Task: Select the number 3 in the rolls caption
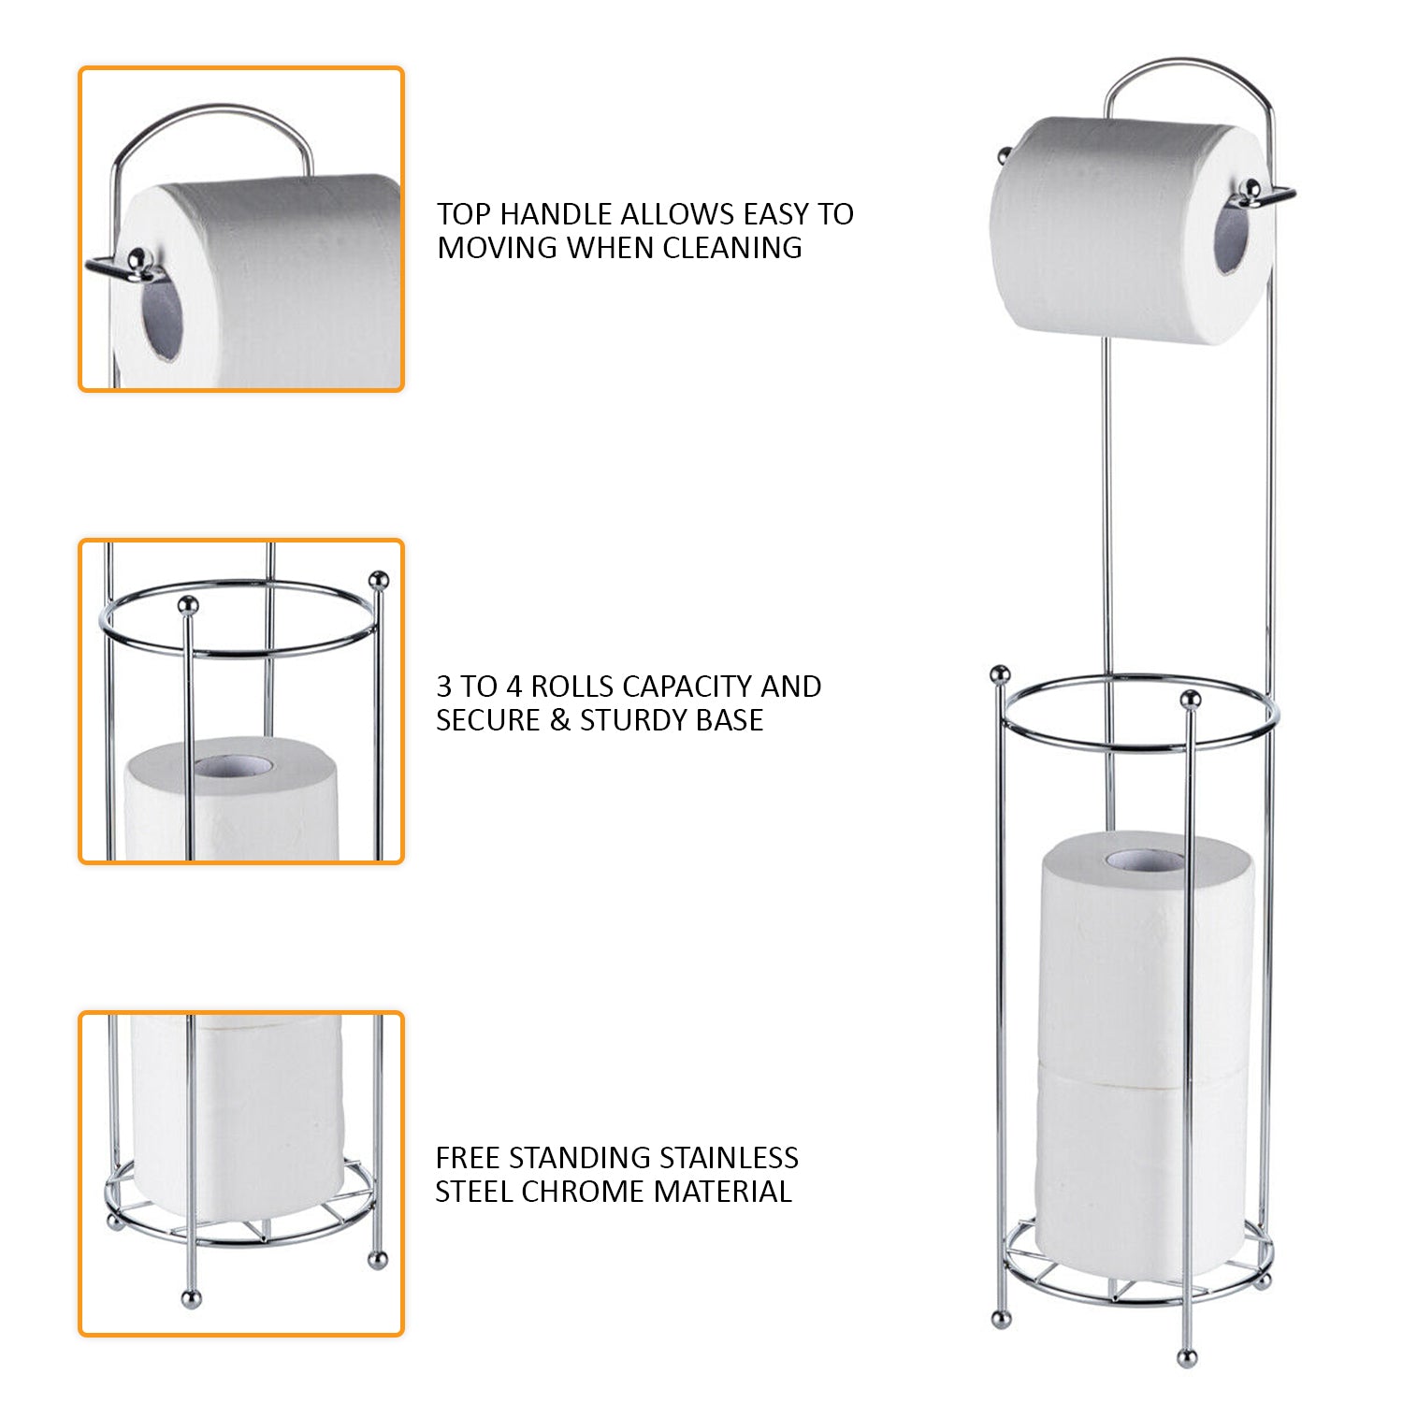click(443, 687)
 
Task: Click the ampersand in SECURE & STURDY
click(560, 720)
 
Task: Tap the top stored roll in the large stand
click(1146, 954)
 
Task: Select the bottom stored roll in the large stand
click(1141, 1169)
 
